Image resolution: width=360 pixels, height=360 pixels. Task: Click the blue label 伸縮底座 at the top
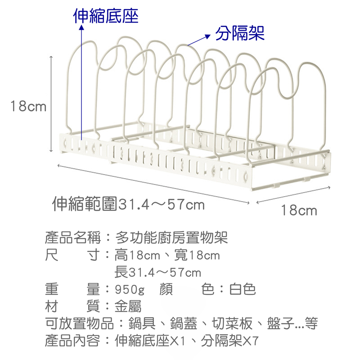(106, 16)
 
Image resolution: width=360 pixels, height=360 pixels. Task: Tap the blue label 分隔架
(240, 33)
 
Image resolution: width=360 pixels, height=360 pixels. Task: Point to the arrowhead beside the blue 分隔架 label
(207, 36)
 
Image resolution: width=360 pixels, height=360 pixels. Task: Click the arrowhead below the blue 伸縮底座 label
(81, 27)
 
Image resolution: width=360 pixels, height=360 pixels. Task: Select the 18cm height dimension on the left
(28, 106)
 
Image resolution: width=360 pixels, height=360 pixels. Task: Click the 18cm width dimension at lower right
(299, 210)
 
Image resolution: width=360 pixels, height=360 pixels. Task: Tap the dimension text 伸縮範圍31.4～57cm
(128, 204)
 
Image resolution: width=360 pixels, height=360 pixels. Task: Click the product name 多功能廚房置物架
(171, 238)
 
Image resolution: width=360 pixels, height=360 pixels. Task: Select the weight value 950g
(130, 289)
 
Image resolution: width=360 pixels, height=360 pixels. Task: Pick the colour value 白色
(243, 289)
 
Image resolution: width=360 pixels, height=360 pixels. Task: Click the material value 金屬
(128, 306)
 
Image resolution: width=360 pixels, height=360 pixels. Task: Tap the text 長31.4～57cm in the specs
(158, 272)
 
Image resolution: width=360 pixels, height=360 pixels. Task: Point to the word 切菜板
(232, 323)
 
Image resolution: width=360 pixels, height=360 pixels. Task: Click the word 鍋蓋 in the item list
(184, 323)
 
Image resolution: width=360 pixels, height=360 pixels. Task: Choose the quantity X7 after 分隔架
(251, 341)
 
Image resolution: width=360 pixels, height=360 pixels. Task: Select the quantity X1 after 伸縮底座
(177, 341)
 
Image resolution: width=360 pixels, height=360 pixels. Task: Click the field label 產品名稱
(73, 238)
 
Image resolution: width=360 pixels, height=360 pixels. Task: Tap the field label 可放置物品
(79, 323)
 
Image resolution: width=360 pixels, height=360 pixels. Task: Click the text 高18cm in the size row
(137, 255)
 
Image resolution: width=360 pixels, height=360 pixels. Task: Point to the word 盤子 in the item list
(280, 323)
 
